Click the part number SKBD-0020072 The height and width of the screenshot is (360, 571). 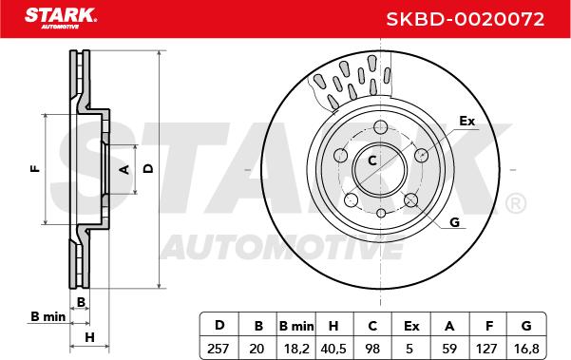point(465,19)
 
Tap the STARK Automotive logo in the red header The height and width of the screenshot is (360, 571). point(61,18)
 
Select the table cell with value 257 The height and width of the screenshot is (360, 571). point(219,349)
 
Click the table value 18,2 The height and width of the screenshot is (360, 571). point(296,349)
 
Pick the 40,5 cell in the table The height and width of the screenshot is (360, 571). point(333,349)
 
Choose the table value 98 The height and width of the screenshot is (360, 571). point(372,349)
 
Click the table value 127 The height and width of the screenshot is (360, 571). point(486,349)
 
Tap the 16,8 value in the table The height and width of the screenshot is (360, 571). point(526,349)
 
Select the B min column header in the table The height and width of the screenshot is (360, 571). point(296,326)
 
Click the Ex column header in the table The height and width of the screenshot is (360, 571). point(411,326)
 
